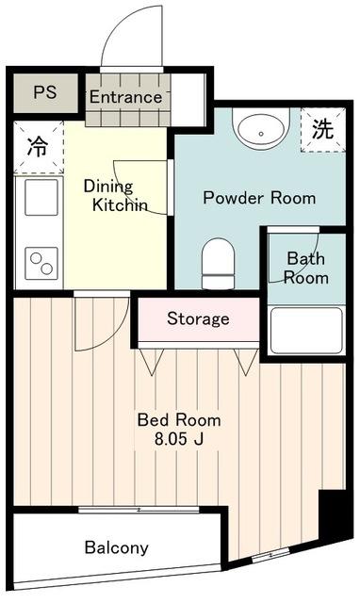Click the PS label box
44,93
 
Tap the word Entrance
125,97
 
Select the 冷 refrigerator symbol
38,148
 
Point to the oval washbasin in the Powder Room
261,128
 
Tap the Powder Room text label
260,198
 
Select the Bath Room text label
306,268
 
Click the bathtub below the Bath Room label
305,331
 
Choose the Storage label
198,318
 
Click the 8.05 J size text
179,438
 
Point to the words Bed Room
179,419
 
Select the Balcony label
116,547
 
